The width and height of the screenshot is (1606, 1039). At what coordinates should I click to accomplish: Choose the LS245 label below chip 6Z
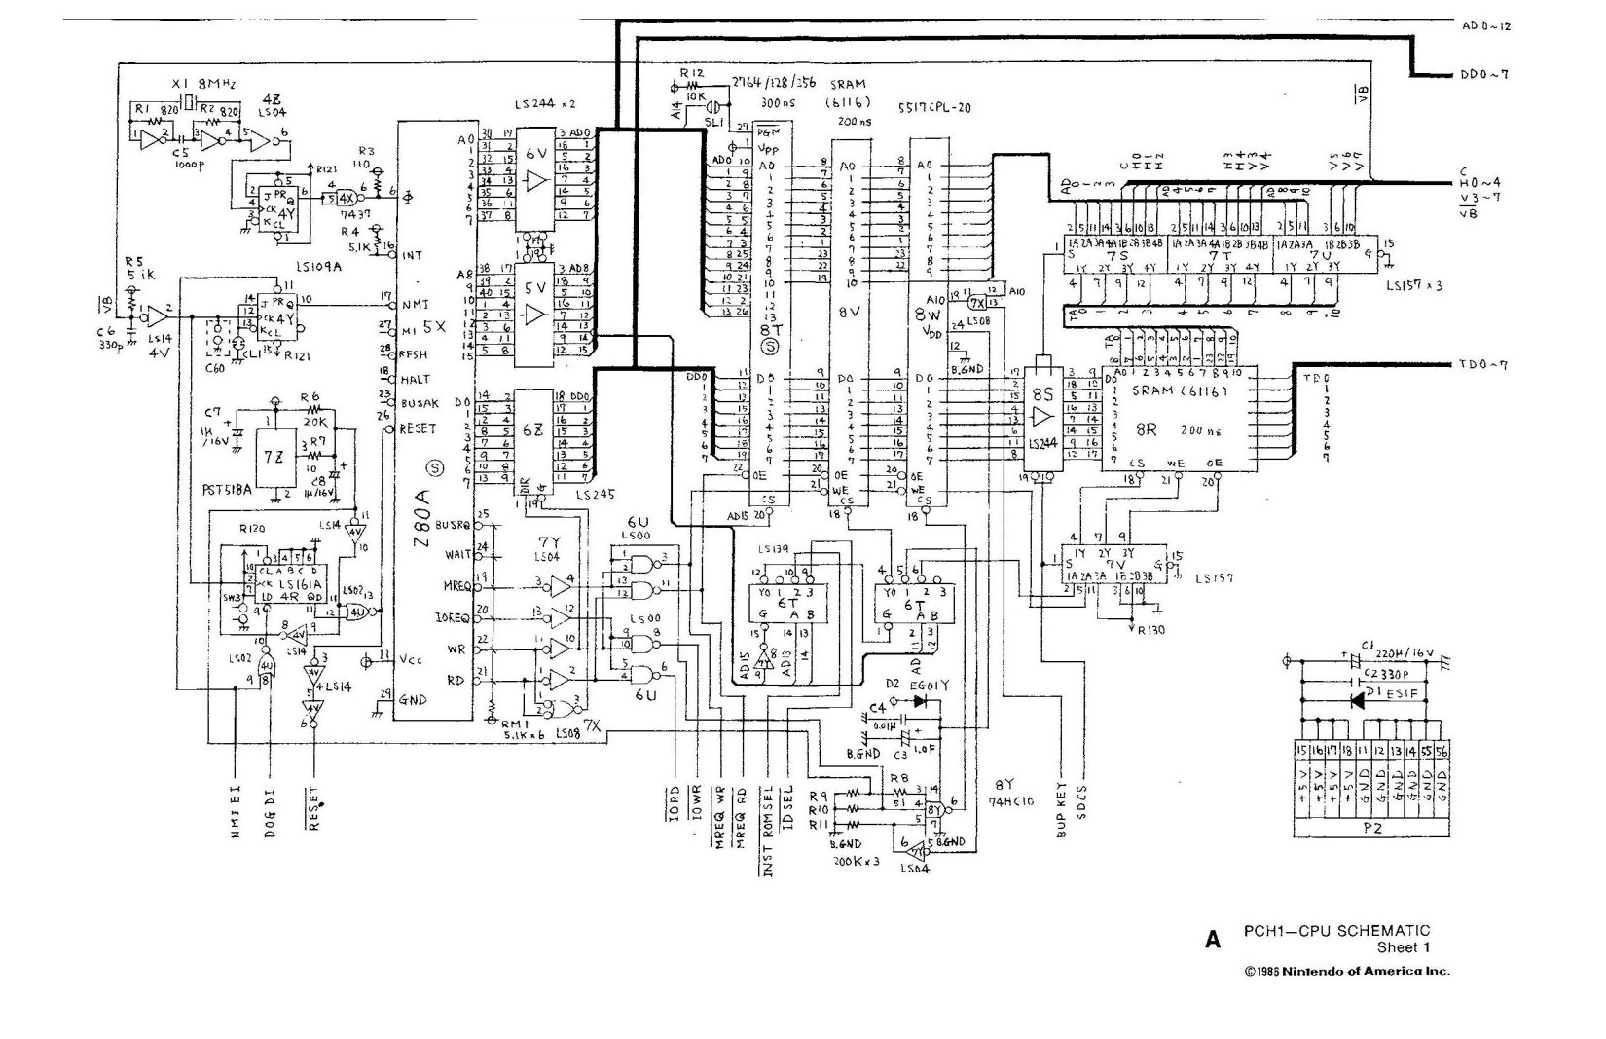[595, 494]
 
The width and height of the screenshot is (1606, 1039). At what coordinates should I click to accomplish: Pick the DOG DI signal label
[270, 814]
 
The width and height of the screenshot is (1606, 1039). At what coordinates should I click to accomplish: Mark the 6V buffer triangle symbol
[534, 181]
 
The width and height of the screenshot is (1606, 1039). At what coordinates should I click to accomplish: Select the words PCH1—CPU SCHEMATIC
[1336, 931]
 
